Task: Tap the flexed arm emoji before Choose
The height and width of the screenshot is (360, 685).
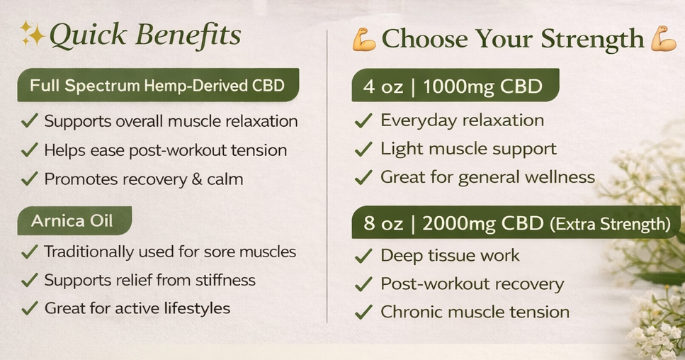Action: click(x=364, y=39)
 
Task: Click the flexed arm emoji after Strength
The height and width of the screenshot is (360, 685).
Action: click(x=663, y=38)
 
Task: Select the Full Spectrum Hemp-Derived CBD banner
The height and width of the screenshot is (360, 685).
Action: click(x=157, y=86)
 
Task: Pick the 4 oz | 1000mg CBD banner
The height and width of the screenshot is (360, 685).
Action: click(x=453, y=86)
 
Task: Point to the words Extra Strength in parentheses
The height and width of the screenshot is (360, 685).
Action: click(x=609, y=225)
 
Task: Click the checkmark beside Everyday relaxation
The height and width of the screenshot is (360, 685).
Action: click(x=363, y=121)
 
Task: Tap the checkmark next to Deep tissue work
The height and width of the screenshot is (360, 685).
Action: click(x=363, y=257)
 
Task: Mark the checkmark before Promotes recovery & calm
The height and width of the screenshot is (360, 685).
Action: click(x=29, y=180)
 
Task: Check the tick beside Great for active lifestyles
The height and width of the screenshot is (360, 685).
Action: click(x=29, y=309)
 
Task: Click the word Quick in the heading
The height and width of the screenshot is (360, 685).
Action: click(x=85, y=35)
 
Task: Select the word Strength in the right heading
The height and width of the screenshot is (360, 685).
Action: click(x=591, y=40)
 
